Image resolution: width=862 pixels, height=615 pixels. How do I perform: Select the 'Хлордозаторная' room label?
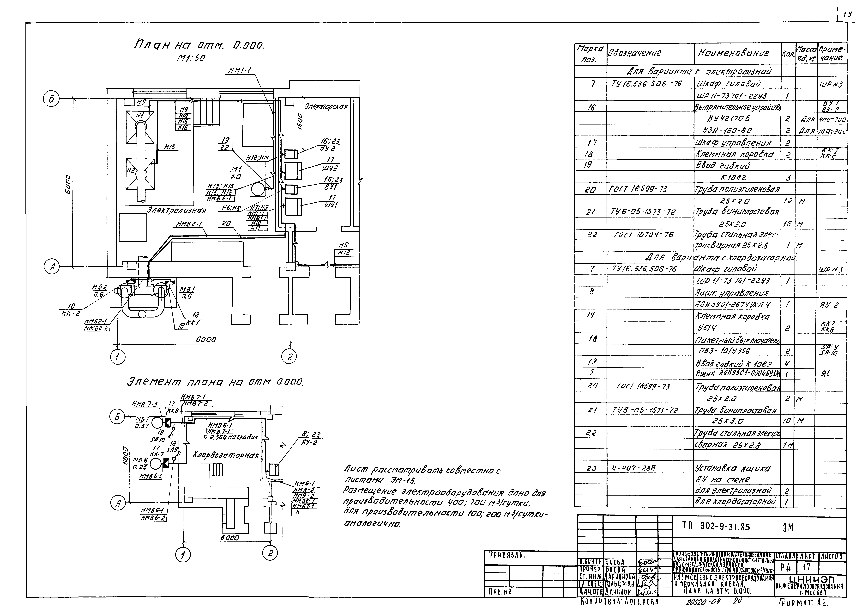[226, 455]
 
